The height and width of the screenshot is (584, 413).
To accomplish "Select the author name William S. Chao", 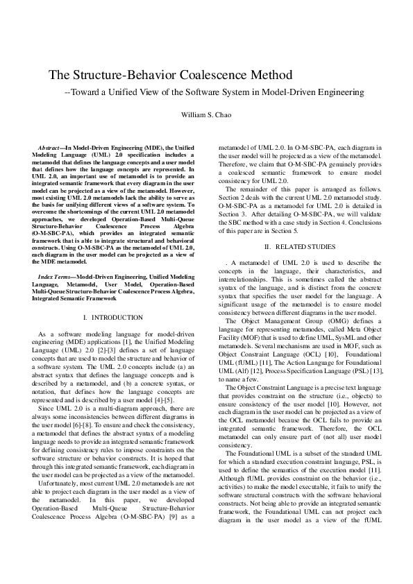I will pos(207,114).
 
